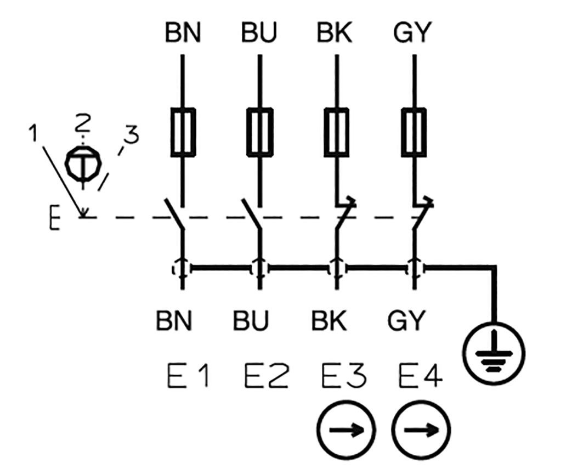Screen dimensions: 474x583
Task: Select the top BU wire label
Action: point(259,33)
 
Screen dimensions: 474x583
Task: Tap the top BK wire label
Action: point(335,33)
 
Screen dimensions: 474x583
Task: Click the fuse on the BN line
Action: point(182,131)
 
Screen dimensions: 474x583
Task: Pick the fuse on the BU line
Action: point(259,131)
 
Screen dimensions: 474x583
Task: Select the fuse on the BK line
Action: point(336,131)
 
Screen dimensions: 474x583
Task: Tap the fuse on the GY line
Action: point(414,131)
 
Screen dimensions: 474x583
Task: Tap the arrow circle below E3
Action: point(346,428)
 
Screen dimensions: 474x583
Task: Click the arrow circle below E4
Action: point(422,428)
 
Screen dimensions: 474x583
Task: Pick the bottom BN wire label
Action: point(175,321)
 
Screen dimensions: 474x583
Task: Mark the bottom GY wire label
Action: point(406,321)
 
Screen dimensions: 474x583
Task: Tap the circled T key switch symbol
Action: point(83,163)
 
